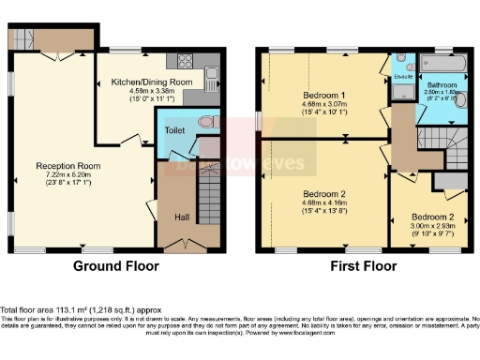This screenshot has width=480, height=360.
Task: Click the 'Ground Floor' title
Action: click(116, 266)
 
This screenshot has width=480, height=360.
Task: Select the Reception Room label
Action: click(74, 166)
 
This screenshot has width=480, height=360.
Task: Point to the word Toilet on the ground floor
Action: click(175, 129)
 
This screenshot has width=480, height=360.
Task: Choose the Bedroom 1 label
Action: click(324, 96)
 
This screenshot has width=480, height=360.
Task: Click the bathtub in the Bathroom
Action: click(440, 64)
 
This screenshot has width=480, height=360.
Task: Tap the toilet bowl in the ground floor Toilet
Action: click(209, 122)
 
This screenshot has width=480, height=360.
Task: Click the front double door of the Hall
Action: click(186, 246)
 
